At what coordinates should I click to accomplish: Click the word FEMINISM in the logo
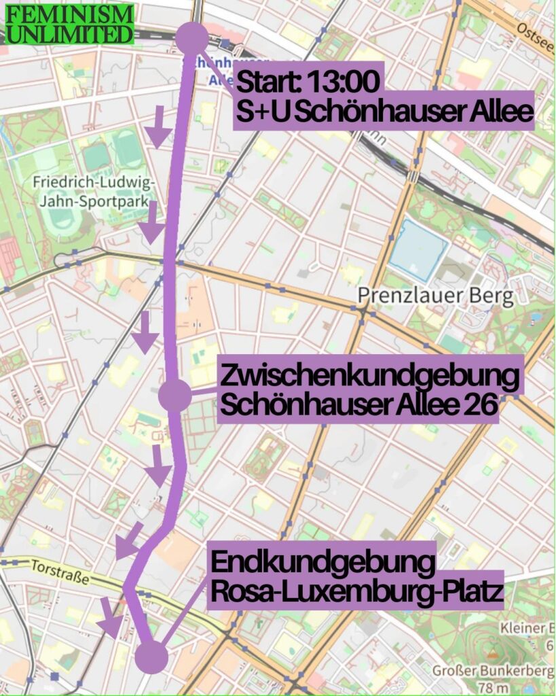(x=70, y=14)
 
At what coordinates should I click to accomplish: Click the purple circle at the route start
(x=192, y=37)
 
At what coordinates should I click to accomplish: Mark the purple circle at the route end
(x=151, y=657)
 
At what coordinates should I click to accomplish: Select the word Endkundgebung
(x=322, y=563)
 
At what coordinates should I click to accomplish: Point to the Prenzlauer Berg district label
(x=436, y=296)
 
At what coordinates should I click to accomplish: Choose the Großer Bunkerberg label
(x=492, y=672)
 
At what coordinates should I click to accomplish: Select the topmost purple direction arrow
(x=160, y=126)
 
